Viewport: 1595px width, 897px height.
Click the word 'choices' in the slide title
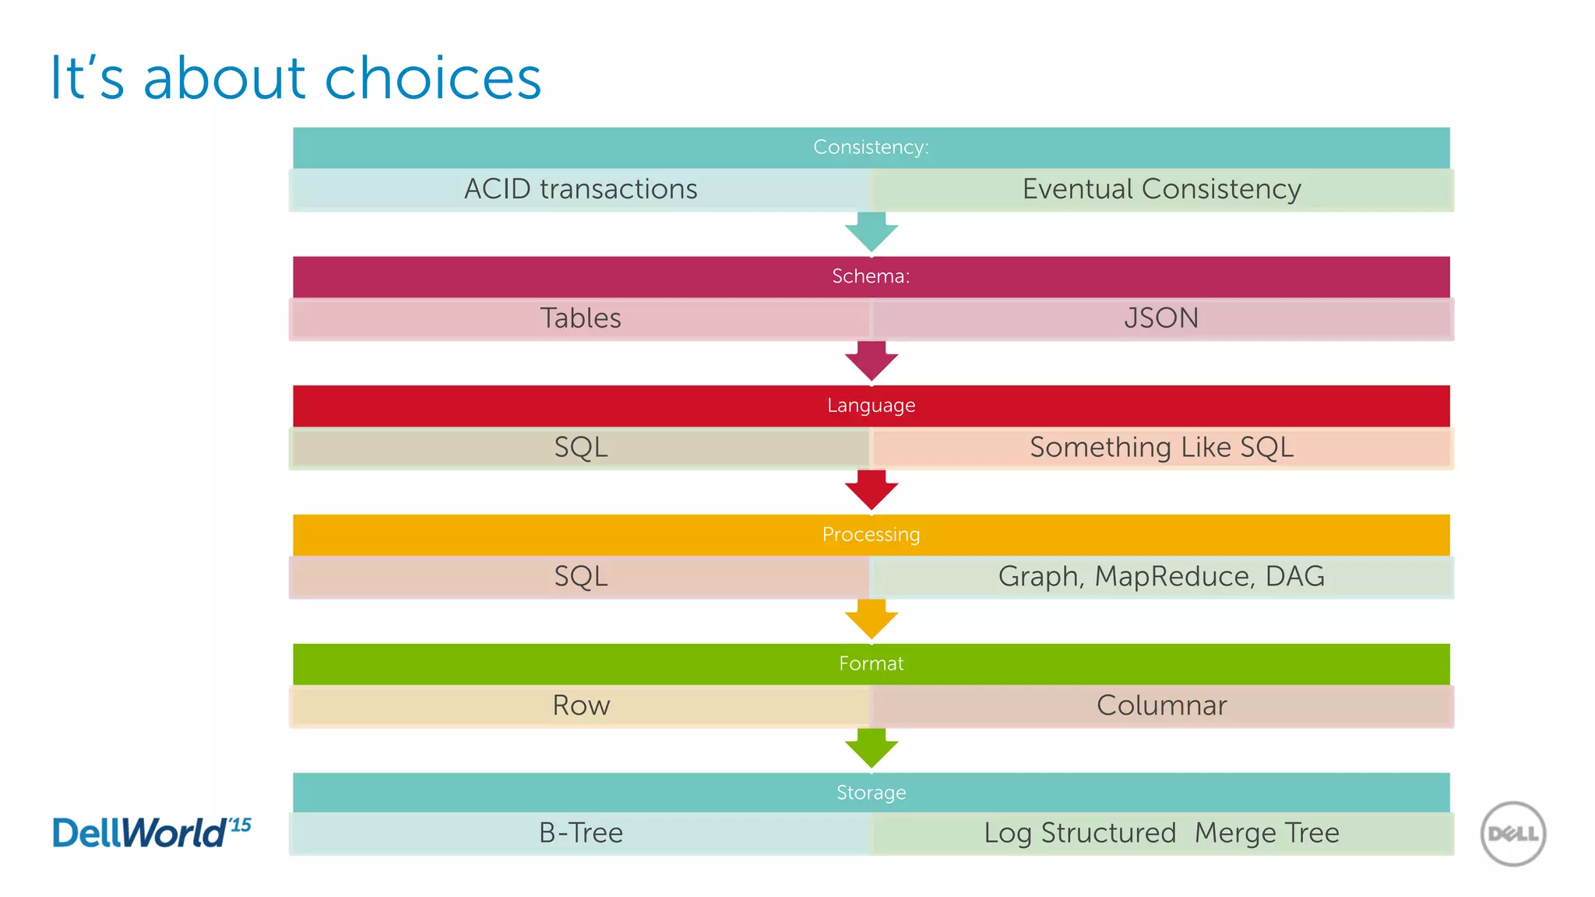point(432,79)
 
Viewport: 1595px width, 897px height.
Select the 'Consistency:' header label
point(871,147)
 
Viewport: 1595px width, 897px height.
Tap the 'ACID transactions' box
point(580,189)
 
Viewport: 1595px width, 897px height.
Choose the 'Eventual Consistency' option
point(1161,189)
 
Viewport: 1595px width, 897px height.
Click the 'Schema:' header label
point(871,276)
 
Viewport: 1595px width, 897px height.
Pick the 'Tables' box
point(580,318)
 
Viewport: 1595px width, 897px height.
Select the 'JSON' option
point(1161,318)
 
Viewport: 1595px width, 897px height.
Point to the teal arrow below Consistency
point(871,232)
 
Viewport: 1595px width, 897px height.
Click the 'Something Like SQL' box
point(1161,448)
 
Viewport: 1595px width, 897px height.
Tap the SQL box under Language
point(580,448)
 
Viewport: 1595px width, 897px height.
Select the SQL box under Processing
point(580,577)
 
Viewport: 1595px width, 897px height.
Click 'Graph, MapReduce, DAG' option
point(1161,577)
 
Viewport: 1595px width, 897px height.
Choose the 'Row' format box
point(580,705)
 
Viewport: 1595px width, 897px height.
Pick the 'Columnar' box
point(1161,705)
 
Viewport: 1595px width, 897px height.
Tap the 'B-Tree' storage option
point(580,833)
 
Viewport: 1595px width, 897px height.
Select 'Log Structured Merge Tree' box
point(1161,833)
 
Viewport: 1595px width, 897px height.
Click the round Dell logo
point(1512,834)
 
